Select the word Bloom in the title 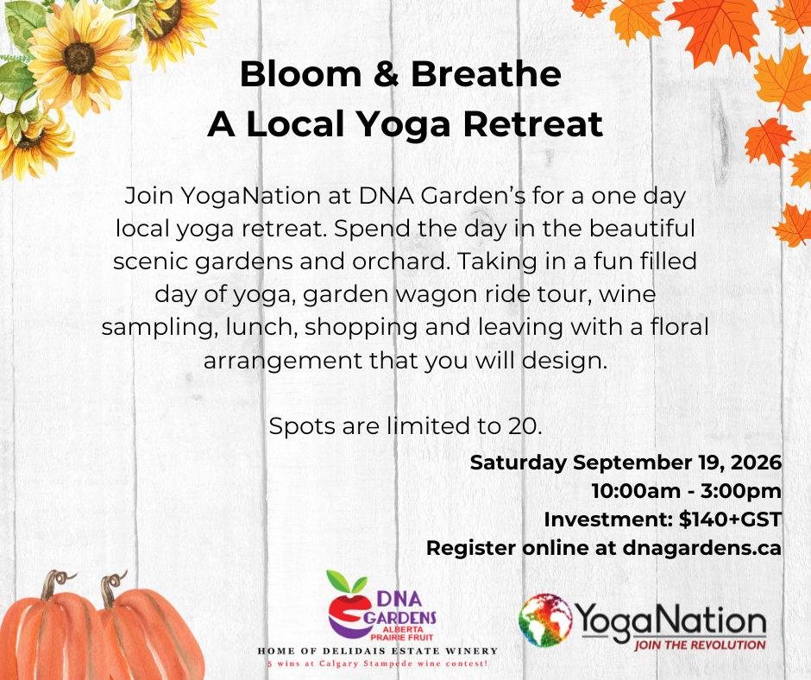[x=300, y=74]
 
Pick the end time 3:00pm [x=740, y=492]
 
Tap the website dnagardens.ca [x=702, y=548]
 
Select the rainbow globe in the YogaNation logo [x=545, y=620]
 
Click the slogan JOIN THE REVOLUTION [x=700, y=645]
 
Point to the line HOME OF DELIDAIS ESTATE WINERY [x=378, y=651]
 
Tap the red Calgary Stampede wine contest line [x=378, y=664]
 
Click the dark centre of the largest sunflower [x=79, y=58]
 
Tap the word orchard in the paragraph [x=399, y=261]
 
